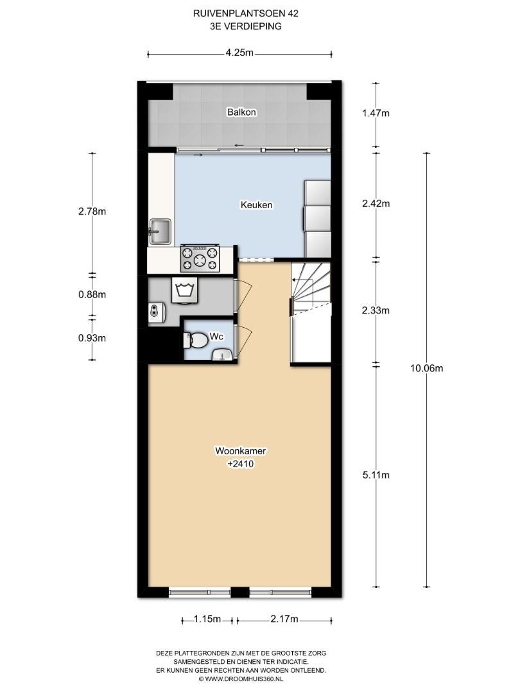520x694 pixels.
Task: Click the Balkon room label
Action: coord(241,112)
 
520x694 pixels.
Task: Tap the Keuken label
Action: coord(256,205)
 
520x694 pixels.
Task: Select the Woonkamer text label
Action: coord(241,451)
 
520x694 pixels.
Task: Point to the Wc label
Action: coord(217,337)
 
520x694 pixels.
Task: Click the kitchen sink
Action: coord(160,231)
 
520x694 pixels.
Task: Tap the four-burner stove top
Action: coord(200,259)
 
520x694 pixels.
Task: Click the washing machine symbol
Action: coord(186,291)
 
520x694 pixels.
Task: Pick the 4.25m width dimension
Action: coord(239,53)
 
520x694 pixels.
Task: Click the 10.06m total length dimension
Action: coord(427,368)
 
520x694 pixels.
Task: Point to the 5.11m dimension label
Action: coord(376,476)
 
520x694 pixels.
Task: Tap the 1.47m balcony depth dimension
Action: coord(376,113)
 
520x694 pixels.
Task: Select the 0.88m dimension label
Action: coord(92,295)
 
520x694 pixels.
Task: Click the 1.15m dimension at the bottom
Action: coord(207,619)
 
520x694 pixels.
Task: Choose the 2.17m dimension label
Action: coord(284,619)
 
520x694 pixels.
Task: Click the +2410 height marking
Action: coord(240,465)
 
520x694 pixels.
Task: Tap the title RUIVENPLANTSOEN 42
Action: coord(246,13)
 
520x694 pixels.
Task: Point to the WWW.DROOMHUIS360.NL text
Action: coord(245,679)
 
